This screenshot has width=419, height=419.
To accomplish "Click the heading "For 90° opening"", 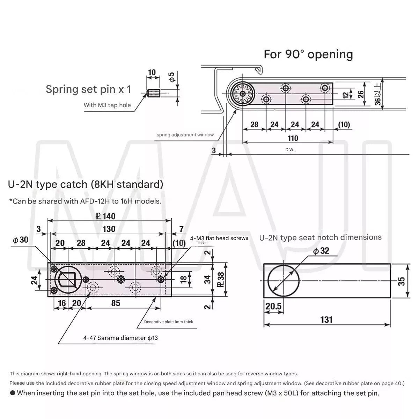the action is (x=308, y=54).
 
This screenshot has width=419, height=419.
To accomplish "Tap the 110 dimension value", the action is (x=293, y=138).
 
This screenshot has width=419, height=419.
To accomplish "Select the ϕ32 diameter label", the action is (x=321, y=251).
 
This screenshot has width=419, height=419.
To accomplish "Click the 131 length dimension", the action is (x=326, y=319).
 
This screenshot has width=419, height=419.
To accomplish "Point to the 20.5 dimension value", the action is (x=273, y=306).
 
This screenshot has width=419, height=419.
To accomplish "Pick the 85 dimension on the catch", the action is (x=116, y=303).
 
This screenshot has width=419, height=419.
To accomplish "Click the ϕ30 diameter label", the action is (x=21, y=240).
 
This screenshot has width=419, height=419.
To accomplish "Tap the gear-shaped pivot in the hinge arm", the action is (x=242, y=94).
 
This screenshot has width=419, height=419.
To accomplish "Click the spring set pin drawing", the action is (x=154, y=93).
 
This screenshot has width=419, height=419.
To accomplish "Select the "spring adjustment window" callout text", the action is (x=185, y=134).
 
